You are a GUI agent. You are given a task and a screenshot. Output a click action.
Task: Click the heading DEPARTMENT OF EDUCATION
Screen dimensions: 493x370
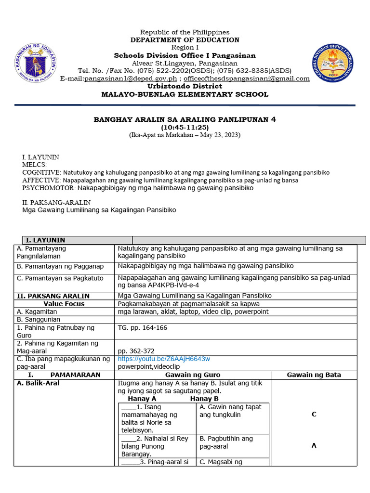(x=185, y=40)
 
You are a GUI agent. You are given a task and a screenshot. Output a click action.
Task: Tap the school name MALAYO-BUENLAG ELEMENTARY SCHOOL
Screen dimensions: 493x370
(x=185, y=94)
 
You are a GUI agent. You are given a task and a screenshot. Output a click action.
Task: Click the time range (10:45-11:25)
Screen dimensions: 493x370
(x=185, y=127)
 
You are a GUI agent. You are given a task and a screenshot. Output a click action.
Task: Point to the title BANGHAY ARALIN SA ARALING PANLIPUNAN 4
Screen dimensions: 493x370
(x=185, y=119)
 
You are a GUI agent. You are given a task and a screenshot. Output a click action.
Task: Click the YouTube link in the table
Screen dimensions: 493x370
(x=164, y=359)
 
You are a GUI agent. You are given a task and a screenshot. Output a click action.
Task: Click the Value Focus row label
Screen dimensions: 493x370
(x=64, y=304)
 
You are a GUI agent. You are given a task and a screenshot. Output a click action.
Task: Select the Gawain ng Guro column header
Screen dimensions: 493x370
(x=193, y=375)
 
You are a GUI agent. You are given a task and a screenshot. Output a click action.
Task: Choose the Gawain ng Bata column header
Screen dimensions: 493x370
(x=314, y=375)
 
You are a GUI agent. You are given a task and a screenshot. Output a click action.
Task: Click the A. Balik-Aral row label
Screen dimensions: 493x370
(x=39, y=383)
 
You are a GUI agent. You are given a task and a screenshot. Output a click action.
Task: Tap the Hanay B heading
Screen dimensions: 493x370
(x=204, y=399)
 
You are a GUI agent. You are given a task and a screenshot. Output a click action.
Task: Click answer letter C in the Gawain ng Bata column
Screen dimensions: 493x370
(x=314, y=415)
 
